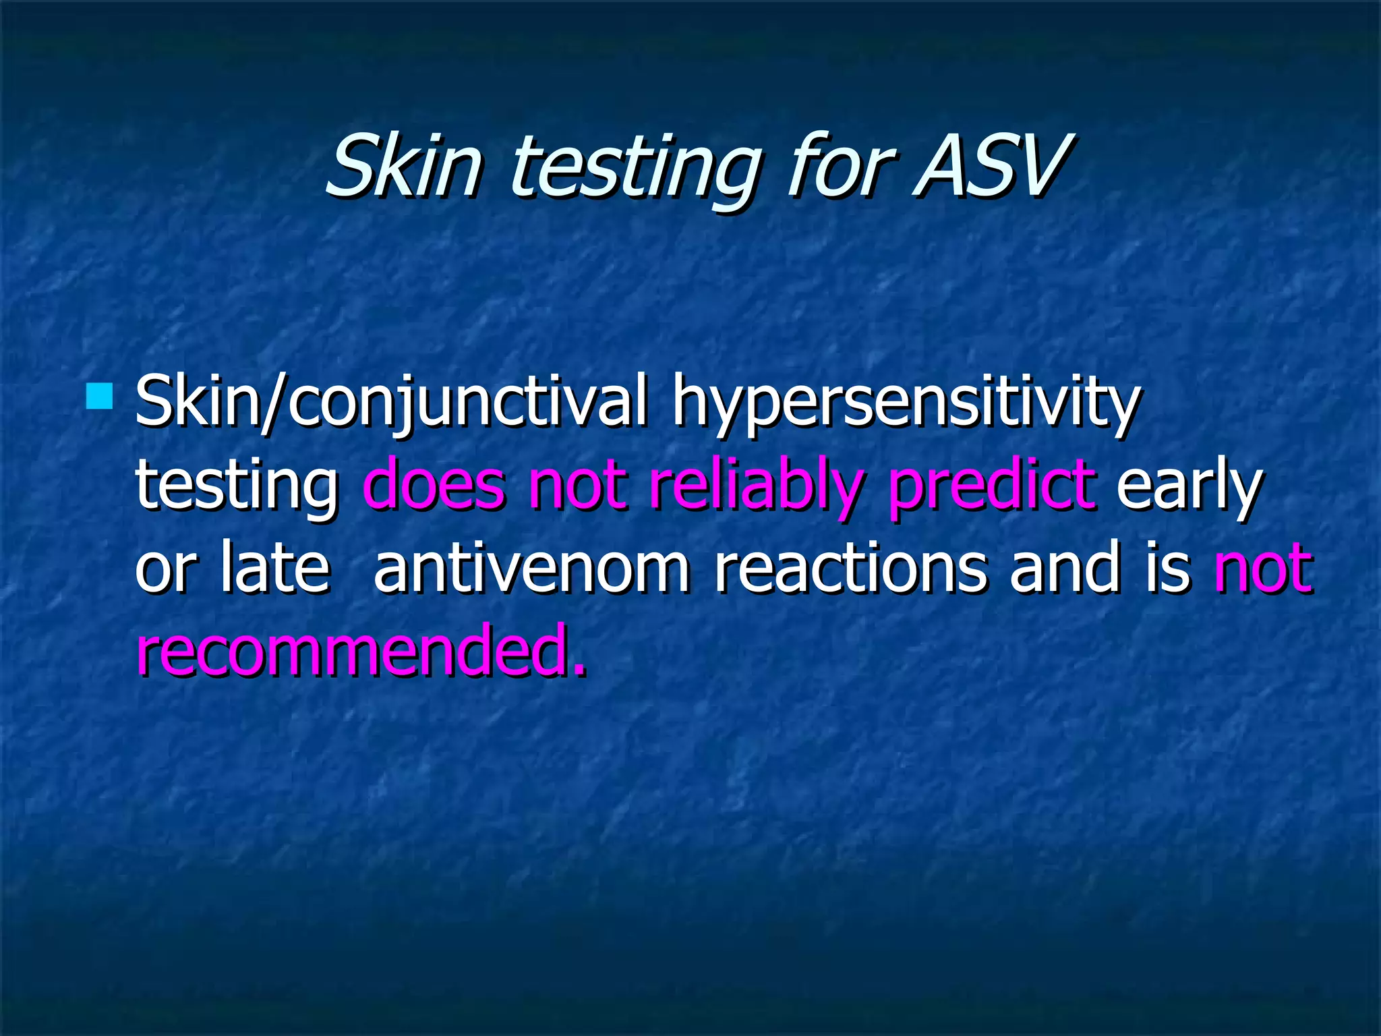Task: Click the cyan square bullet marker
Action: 99,397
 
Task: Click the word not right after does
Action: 577,486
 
